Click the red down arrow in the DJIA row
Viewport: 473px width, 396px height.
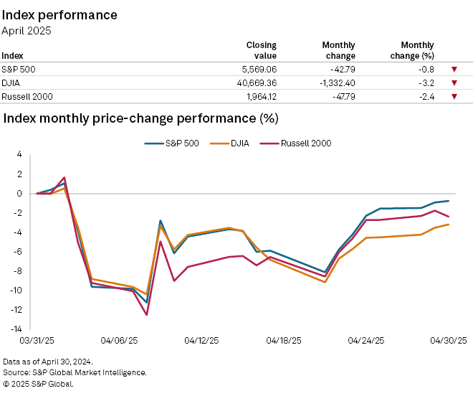454,83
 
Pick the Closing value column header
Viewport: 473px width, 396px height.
261,50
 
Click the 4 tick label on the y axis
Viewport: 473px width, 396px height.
20,154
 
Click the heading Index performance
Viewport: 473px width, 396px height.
60,15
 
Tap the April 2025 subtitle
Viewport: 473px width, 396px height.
27,31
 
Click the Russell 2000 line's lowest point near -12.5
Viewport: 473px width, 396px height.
147,315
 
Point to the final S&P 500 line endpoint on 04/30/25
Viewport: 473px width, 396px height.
449,201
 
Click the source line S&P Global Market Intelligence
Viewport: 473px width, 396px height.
75,372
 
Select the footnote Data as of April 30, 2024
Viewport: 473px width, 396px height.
48,362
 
